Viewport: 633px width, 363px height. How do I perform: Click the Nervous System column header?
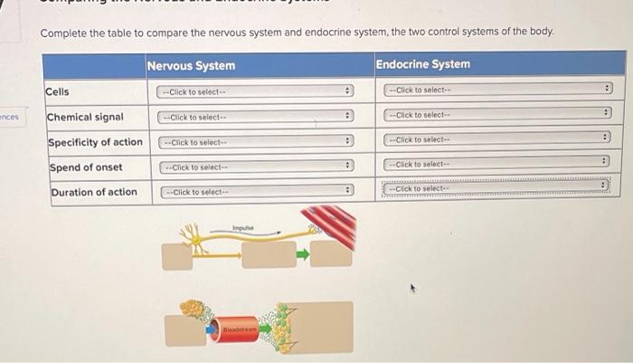tap(191, 65)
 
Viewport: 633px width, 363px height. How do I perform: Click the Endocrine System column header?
tap(422, 64)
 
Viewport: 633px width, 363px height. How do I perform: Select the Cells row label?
tap(58, 91)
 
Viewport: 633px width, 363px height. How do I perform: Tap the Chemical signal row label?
tap(85, 117)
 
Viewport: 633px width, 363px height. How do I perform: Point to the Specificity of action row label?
tap(95, 142)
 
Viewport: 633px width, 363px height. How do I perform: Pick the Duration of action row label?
tap(94, 192)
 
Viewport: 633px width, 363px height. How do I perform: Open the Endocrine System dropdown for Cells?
tap(497, 90)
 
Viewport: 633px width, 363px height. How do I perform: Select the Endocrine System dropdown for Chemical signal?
tap(497, 115)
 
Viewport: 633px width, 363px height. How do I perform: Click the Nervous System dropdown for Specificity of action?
tap(256, 142)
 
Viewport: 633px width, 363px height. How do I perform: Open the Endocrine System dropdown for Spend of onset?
tap(497, 164)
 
